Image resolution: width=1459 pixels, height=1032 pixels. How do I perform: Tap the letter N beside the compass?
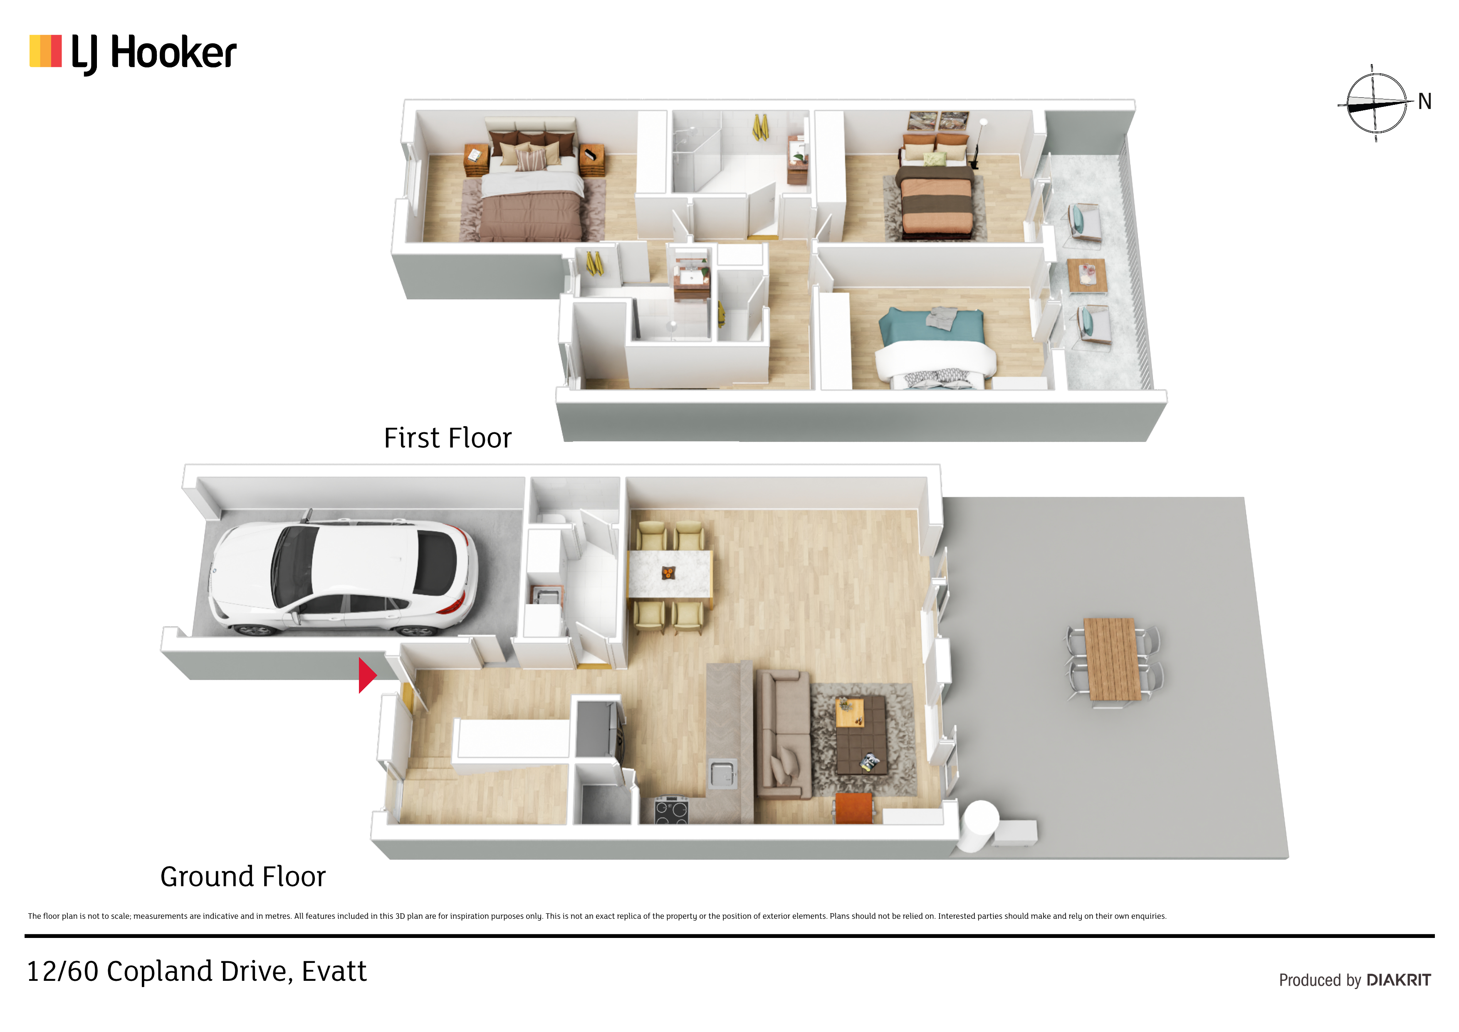point(1424,102)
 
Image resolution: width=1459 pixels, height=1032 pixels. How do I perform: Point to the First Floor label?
point(448,438)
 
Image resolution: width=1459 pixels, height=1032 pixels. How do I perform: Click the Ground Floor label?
point(243,877)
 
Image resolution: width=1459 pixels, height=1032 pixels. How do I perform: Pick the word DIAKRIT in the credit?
point(1399,980)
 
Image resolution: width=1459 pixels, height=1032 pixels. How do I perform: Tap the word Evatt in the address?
point(334,971)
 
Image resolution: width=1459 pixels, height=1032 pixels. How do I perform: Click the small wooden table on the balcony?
point(1087,276)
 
